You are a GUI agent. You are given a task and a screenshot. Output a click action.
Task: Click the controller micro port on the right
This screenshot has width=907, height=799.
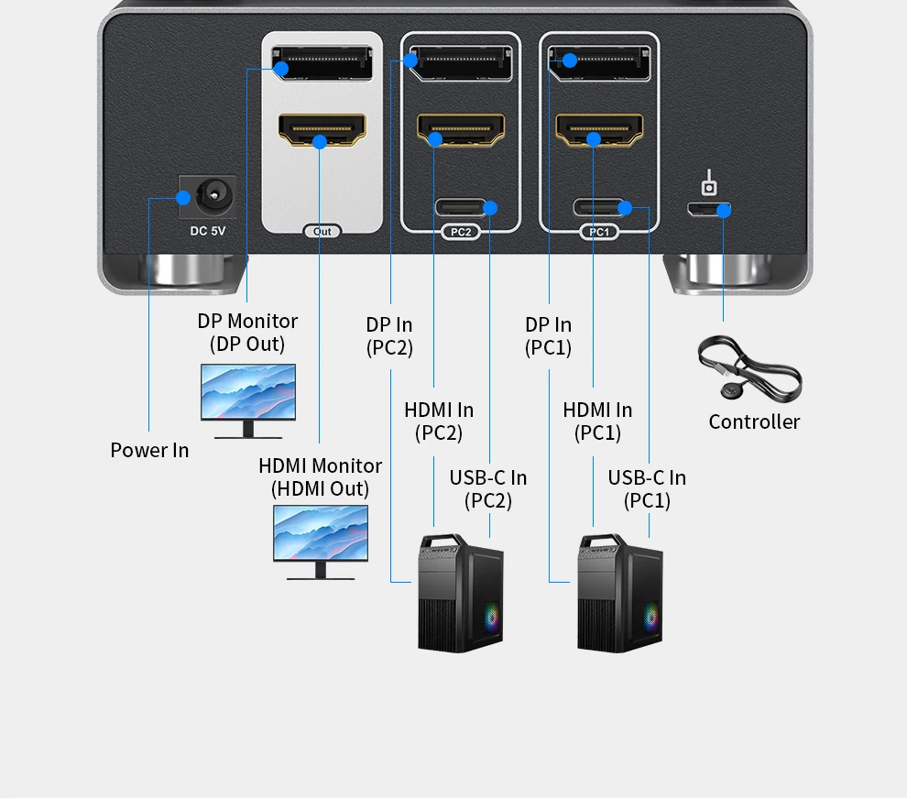(x=710, y=209)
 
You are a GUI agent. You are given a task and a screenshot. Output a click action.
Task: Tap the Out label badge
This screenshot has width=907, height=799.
(x=322, y=232)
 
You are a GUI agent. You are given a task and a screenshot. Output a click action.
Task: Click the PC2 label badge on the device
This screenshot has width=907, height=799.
(x=461, y=232)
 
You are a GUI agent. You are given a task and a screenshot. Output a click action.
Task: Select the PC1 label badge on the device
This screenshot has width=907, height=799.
(x=599, y=232)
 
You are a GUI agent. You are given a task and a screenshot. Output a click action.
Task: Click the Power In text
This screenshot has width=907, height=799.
(x=149, y=450)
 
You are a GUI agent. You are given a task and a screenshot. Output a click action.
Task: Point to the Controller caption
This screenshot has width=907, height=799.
(x=754, y=421)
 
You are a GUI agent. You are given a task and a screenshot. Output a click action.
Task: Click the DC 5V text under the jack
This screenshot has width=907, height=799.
(x=208, y=231)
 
